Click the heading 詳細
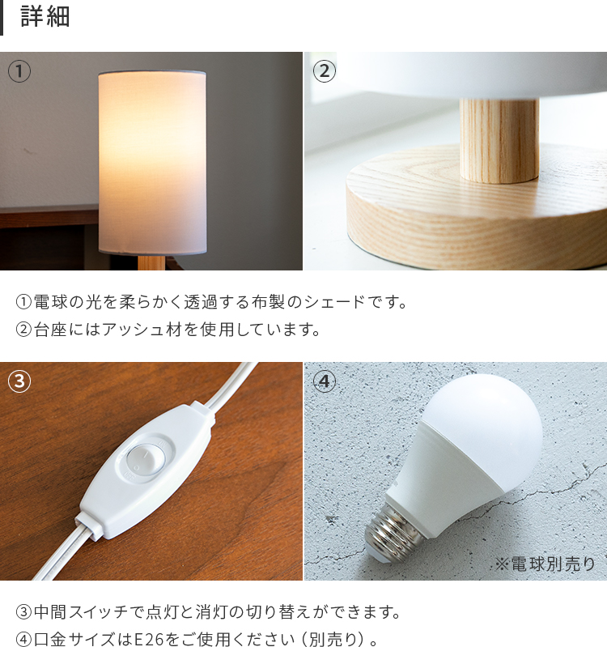[x=45, y=17]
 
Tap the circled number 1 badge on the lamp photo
[x=19, y=71]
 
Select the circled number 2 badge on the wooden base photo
[x=325, y=71]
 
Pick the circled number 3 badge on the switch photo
[x=19, y=381]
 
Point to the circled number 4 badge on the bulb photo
[x=325, y=381]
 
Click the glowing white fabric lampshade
[x=153, y=163]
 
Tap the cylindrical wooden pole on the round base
[x=499, y=140]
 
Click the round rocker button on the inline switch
[x=145, y=458]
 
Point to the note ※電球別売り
[x=545, y=564]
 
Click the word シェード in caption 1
[x=334, y=302]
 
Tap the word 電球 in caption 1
[x=50, y=302]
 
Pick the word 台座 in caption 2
[x=50, y=330]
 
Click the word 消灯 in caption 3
[x=212, y=611]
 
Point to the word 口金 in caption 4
[x=50, y=639]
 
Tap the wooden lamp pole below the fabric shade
[x=151, y=263]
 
